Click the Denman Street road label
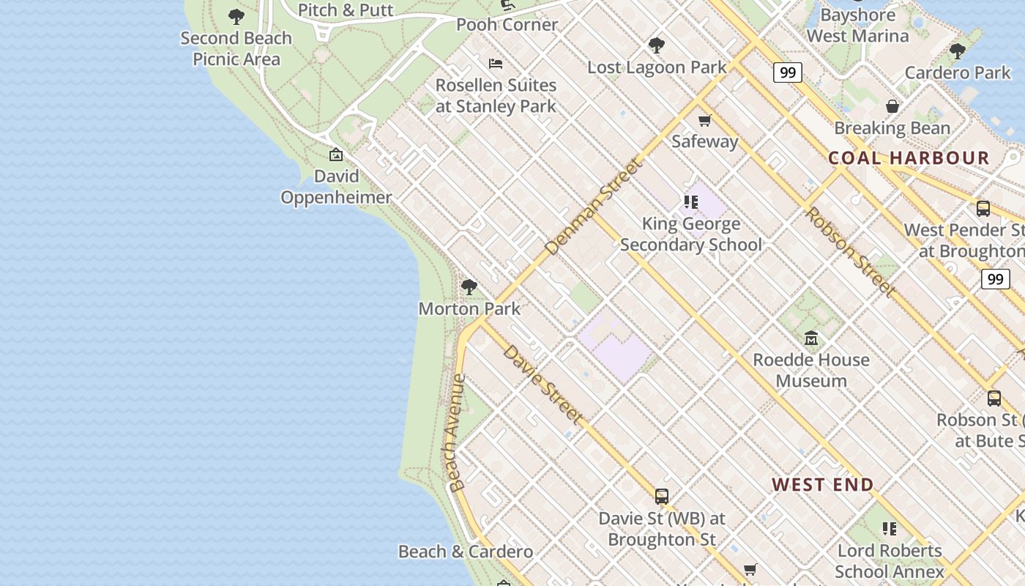pos(594,207)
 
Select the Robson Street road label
pos(850,252)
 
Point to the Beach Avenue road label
pos(457,433)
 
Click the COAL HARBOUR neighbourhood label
pos(909,157)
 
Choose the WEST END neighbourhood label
pos(823,484)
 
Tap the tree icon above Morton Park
pos(469,287)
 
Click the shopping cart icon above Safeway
pos(704,120)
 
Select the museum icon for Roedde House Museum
pos(811,338)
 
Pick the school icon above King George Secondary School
pos(690,202)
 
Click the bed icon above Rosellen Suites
pos(496,64)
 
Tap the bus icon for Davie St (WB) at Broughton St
pos(662,497)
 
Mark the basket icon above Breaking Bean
pos(892,107)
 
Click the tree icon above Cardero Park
pos(957,51)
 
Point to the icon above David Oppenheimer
pos(336,155)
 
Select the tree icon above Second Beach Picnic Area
pos(236,16)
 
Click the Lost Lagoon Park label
pos(657,67)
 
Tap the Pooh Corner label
pos(507,25)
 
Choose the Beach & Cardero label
pos(466,552)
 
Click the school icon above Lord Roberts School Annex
pos(890,529)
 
